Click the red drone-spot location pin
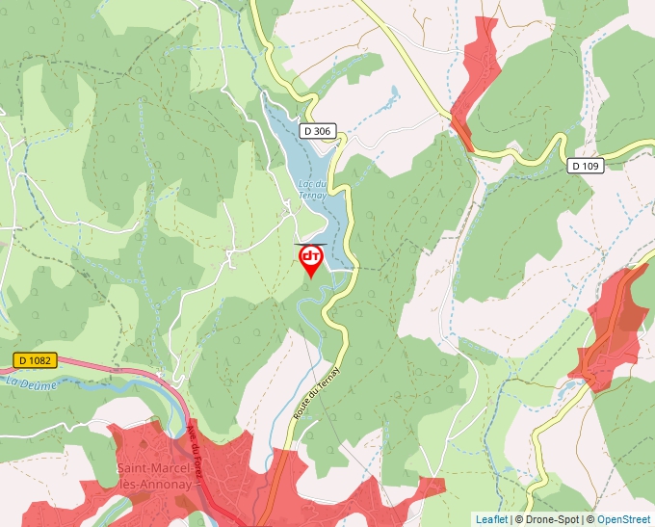(x=311, y=261)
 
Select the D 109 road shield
(x=585, y=166)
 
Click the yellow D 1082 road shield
(x=36, y=360)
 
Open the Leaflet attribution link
(x=491, y=519)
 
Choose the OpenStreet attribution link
(x=623, y=519)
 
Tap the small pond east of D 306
(x=393, y=93)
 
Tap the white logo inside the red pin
(x=311, y=255)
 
